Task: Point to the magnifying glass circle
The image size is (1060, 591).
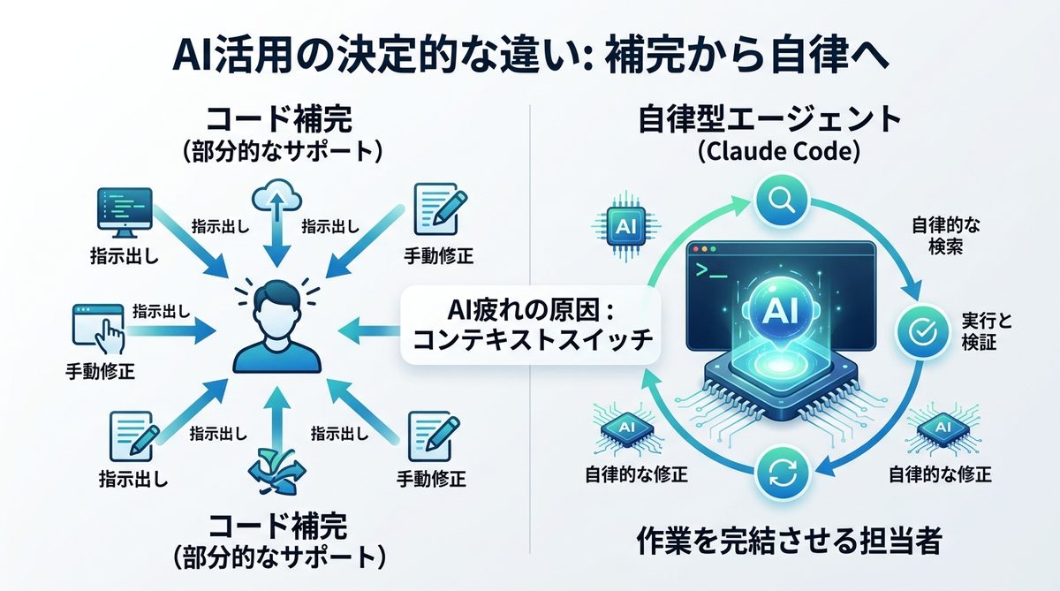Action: [781, 200]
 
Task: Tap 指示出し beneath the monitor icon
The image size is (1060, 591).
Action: [117, 256]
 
